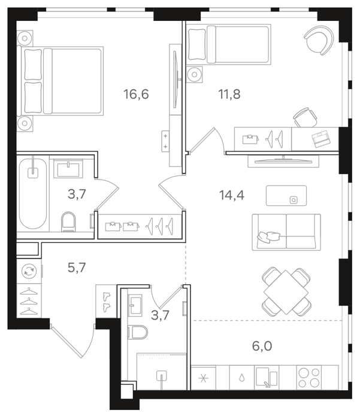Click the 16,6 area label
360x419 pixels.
click(136, 95)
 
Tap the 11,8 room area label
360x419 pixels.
click(229, 95)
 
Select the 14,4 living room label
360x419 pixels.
click(232, 195)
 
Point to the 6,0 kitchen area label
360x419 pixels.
click(262, 346)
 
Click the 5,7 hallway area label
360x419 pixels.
click(77, 268)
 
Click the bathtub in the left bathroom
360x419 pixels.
click(32, 193)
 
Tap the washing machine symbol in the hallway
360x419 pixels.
click(29, 272)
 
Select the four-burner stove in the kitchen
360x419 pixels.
click(309, 378)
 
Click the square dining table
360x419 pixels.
click(286, 292)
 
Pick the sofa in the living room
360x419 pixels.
click(286, 232)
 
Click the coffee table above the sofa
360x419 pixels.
click(286, 196)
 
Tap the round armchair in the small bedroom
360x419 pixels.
click(319, 40)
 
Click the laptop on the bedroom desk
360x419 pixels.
click(321, 138)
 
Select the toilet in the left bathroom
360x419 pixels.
click(68, 221)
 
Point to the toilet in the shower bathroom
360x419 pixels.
click(138, 332)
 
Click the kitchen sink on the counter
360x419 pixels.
click(267, 377)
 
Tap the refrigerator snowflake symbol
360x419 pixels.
click(203, 378)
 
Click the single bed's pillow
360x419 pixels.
click(197, 44)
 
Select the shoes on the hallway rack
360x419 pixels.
click(107, 302)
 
